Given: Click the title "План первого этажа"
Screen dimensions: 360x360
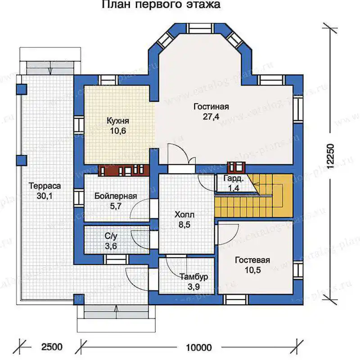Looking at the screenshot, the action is coord(161,4).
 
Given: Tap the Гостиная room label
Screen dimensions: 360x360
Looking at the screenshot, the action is coord(211,107).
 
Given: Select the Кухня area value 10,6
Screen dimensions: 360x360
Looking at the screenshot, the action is coord(118,131).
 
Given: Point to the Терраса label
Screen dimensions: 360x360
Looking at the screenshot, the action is coord(45,186).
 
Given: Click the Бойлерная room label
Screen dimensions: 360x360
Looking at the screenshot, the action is coord(116,196).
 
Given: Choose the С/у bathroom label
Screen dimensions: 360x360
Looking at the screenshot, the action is coord(111,236).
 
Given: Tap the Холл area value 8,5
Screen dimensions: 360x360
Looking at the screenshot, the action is coord(184,225).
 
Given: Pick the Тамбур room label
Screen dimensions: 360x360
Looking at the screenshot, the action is coord(194,277).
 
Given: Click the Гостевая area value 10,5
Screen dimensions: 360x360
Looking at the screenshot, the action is coord(252,270).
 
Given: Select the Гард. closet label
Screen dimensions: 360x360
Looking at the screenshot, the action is coord(233,178).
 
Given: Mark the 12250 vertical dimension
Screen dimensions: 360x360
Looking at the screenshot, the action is coord(330,157).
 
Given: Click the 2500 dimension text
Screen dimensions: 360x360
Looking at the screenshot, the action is coord(52,346).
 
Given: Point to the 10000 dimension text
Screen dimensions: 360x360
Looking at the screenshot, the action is coord(199,347).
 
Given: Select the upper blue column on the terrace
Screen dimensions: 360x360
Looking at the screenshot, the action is coord(22,89).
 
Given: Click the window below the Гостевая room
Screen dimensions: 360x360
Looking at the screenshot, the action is coord(236,300).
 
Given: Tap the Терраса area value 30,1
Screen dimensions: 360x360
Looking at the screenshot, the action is coord(45,196).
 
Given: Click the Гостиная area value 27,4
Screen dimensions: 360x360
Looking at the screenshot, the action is coord(211,117).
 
